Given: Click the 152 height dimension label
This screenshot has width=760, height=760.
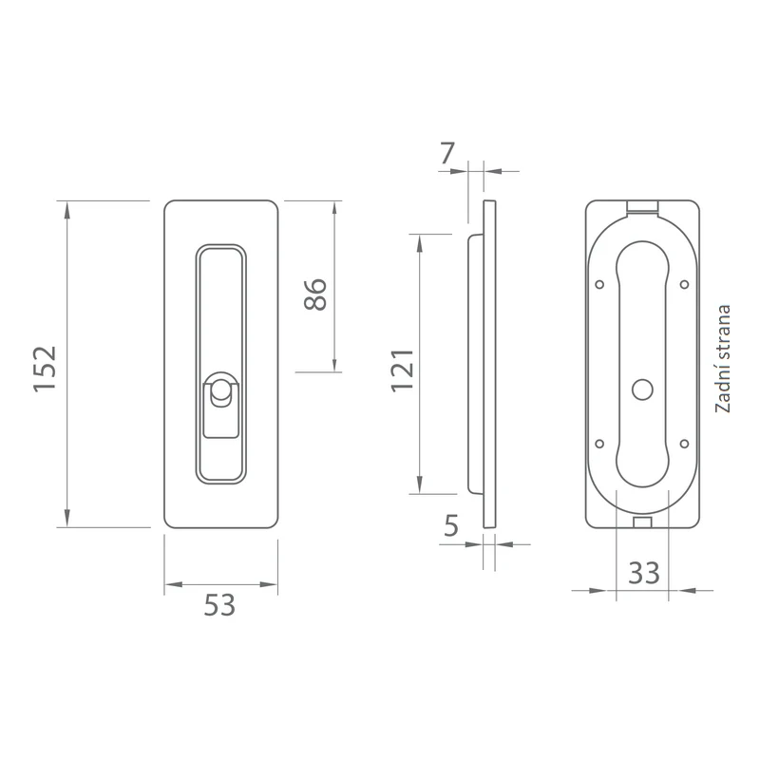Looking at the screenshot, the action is [x=45, y=369].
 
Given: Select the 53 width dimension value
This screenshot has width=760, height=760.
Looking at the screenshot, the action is [x=219, y=605].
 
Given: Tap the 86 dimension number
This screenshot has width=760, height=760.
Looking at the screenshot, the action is [x=315, y=294].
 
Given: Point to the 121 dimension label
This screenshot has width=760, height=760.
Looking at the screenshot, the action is [x=403, y=370].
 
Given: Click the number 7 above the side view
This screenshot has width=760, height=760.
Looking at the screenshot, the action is [x=446, y=153].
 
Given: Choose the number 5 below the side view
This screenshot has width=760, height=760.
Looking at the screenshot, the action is [x=450, y=525].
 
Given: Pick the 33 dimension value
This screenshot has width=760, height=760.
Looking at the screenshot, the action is [x=644, y=573].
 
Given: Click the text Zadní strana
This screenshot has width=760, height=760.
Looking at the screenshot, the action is [x=723, y=359].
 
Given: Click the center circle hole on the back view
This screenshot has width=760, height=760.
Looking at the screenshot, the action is [x=643, y=390].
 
